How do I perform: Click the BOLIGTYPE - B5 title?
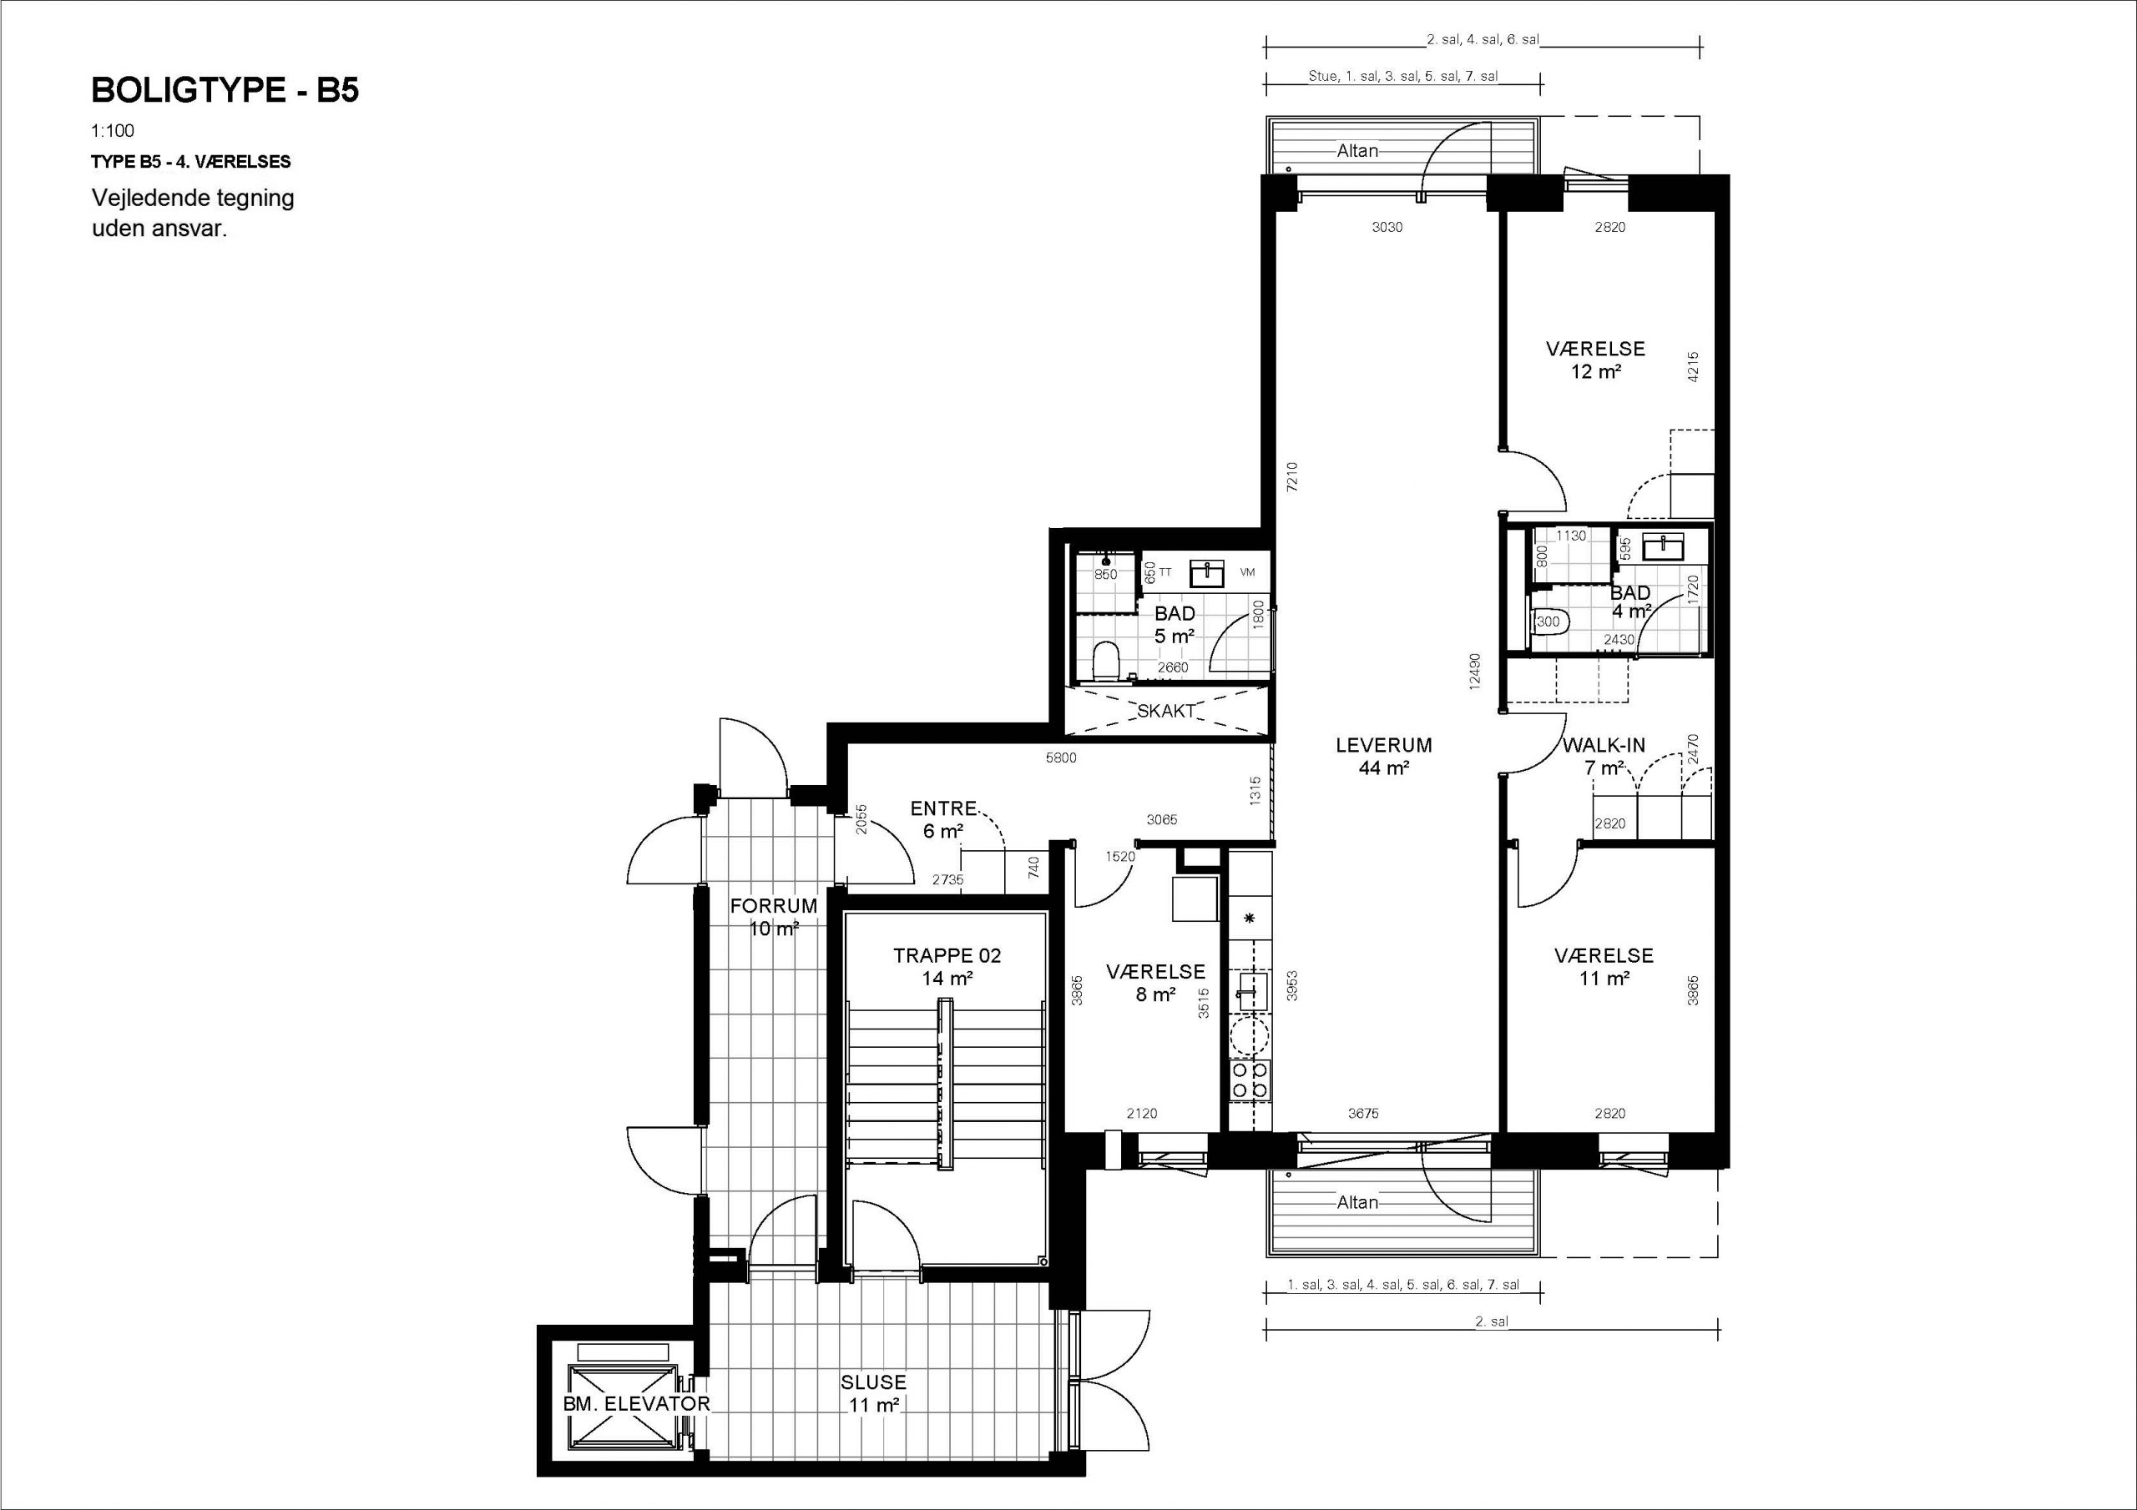coord(225,90)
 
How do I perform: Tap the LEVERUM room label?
coord(1383,745)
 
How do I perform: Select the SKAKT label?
coord(1166,712)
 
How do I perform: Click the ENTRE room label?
coord(942,808)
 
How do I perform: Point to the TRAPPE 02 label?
coord(947,955)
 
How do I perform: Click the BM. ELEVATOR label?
coord(636,1404)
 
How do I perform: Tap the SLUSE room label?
coord(873,1382)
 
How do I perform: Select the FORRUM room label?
coord(774,905)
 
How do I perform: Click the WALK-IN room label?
coord(1604,745)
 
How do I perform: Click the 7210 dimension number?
coord(1291,476)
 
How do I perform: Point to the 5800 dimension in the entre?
coord(1061,758)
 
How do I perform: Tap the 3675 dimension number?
coord(1362,1113)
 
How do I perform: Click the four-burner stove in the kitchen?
coord(1250,1080)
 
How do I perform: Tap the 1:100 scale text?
coord(113,131)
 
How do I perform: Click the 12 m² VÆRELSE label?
coord(1595,360)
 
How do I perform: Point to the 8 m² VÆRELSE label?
coord(1155,983)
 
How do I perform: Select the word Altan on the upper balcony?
coord(1357,151)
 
